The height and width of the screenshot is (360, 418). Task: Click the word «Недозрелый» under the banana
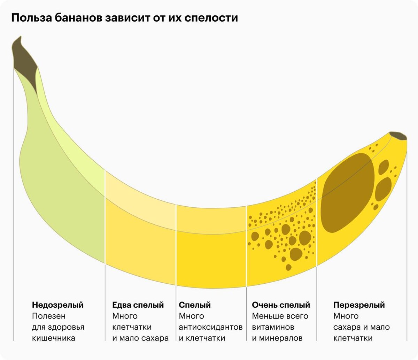58,305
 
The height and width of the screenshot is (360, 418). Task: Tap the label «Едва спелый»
138,305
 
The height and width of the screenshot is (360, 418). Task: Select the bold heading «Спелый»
195,305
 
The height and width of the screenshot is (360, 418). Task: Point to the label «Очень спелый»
281,305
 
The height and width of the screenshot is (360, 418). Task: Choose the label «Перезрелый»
359,305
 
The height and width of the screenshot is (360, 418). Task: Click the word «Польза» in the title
31,18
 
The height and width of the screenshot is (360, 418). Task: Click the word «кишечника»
53,338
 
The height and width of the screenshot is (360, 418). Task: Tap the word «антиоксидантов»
211,327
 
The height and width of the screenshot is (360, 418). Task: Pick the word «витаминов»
273,327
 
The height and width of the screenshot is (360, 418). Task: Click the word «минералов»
281,338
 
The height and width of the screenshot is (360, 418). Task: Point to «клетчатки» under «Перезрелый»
353,338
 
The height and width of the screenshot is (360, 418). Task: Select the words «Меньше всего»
280,316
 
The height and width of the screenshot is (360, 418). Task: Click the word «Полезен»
49,316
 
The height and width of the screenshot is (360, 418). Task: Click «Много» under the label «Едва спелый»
125,316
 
